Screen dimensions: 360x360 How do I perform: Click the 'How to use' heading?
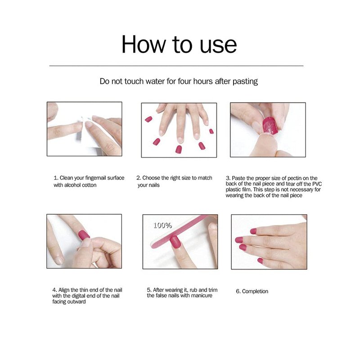(179, 44)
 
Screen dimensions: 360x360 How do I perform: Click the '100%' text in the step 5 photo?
(162, 225)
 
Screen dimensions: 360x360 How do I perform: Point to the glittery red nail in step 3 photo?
(270, 125)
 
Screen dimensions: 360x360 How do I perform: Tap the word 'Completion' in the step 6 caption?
(255, 291)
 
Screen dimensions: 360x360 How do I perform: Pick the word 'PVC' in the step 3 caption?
(317, 184)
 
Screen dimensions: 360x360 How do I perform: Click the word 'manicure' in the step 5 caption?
(201, 296)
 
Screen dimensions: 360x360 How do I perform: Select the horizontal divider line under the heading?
(176, 66)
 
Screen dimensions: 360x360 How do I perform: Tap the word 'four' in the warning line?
(184, 81)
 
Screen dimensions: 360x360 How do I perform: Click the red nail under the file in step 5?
(175, 242)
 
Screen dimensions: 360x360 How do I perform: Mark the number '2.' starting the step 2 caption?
(139, 178)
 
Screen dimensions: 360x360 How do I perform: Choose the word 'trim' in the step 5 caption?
(212, 290)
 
